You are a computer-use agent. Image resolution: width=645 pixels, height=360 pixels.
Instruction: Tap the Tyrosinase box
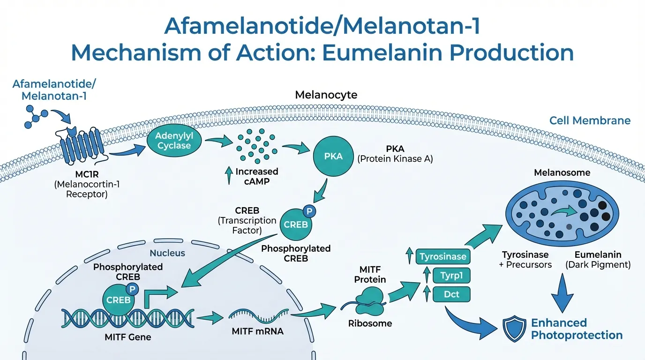coord(442,256)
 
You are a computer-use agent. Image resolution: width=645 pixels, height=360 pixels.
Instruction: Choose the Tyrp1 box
coord(451,276)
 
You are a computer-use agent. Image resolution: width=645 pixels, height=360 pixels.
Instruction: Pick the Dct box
coord(451,295)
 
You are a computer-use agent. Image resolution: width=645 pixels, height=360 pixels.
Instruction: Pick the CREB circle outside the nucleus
coord(295,224)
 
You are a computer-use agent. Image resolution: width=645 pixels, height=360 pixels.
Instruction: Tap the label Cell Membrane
coord(590,120)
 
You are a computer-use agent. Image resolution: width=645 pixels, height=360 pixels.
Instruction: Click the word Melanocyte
coord(326,95)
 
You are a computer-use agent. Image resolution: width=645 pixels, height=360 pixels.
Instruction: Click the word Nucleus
coord(167,253)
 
